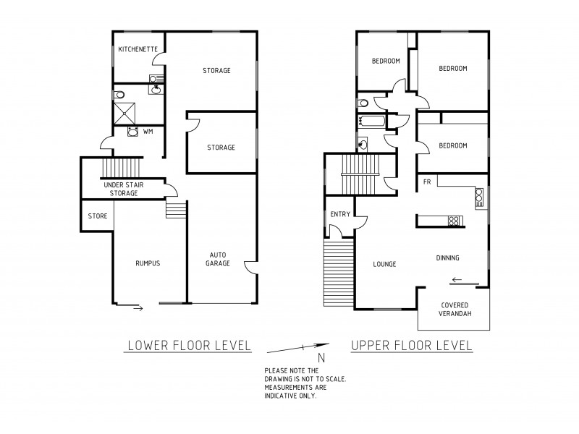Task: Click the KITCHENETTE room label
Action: tap(135, 49)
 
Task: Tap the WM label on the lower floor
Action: tap(148, 132)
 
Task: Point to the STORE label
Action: tap(98, 216)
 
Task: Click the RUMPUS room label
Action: tap(147, 263)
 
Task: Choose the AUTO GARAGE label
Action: tap(220, 259)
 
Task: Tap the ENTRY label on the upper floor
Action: tap(339, 214)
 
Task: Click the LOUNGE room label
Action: tap(384, 264)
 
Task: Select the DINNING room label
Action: tap(448, 258)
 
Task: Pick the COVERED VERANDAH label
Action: tap(454, 310)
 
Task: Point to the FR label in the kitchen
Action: tap(428, 182)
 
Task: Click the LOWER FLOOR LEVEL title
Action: tap(188, 346)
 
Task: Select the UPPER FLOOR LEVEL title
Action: tap(411, 346)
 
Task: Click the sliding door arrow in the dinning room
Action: tap(456, 281)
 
